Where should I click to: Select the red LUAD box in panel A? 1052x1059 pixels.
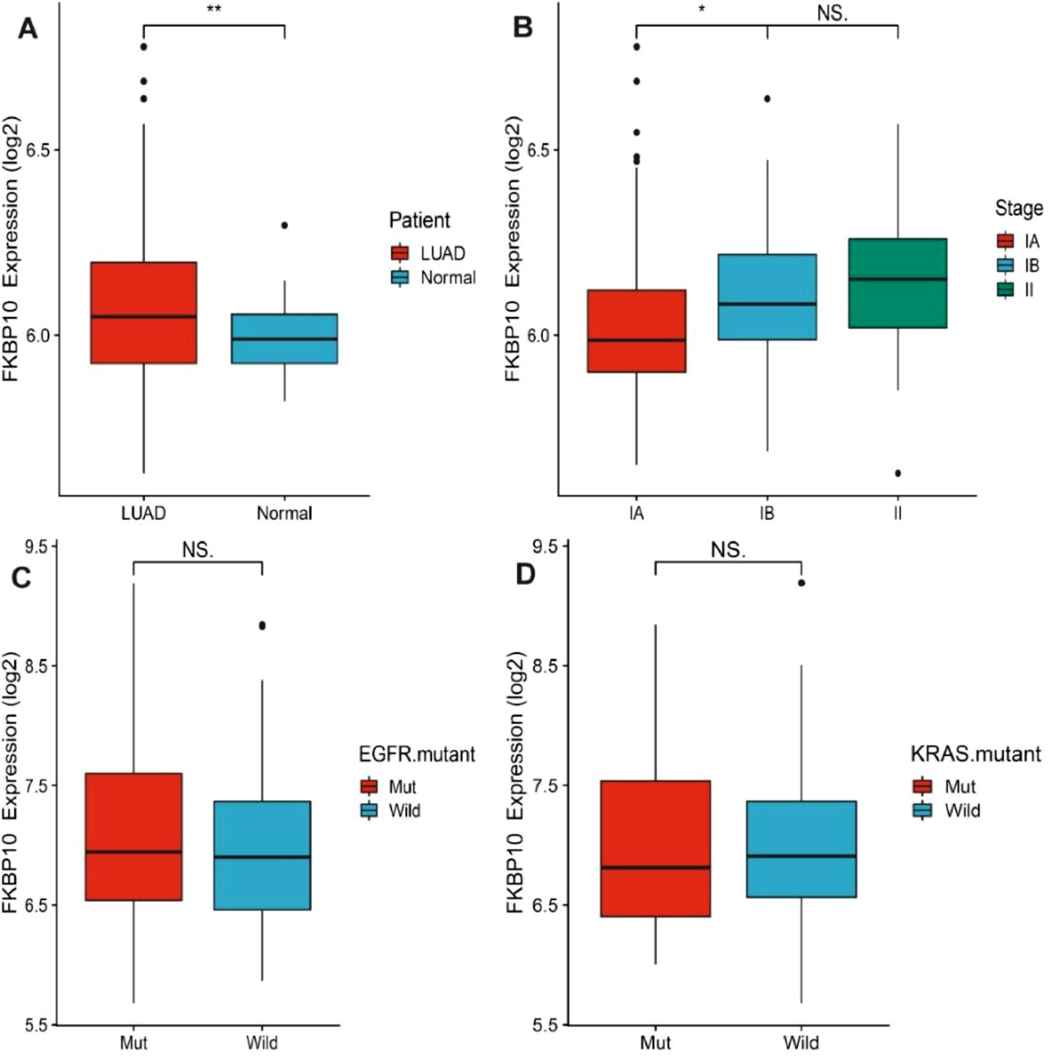pos(144,312)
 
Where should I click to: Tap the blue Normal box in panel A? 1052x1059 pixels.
pos(284,338)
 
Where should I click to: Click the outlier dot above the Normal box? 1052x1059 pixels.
pos(284,225)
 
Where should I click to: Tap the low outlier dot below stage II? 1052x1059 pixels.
pos(897,473)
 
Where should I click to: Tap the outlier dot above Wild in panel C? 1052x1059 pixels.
pos(262,626)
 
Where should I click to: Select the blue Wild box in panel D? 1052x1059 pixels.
pos(802,849)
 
